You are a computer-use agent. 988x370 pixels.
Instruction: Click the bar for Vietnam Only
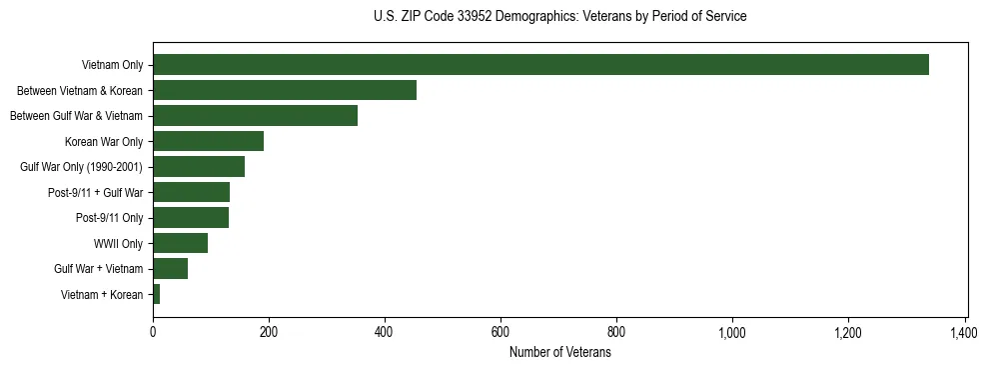click(540, 65)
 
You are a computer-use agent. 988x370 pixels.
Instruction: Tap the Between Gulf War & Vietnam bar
click(255, 116)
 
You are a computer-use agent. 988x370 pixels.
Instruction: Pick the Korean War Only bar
click(208, 141)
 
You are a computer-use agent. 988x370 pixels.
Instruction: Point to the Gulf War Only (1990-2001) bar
click(199, 167)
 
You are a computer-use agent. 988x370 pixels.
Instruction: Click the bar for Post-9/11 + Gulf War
click(191, 192)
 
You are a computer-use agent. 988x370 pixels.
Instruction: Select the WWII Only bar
click(180, 243)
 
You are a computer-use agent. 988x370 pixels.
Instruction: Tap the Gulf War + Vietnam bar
click(170, 269)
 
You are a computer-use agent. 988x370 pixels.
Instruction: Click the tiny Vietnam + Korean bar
click(157, 294)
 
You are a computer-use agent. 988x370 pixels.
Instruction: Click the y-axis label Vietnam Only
click(112, 66)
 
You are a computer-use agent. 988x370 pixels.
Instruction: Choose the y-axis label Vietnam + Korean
click(102, 295)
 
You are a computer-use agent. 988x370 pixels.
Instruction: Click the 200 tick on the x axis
click(269, 332)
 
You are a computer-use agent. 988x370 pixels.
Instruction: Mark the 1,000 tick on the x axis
click(732, 332)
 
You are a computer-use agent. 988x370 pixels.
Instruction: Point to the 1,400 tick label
click(964, 332)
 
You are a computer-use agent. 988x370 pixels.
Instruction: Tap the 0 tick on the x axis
click(153, 332)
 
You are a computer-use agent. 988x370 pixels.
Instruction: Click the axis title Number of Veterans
click(559, 353)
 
